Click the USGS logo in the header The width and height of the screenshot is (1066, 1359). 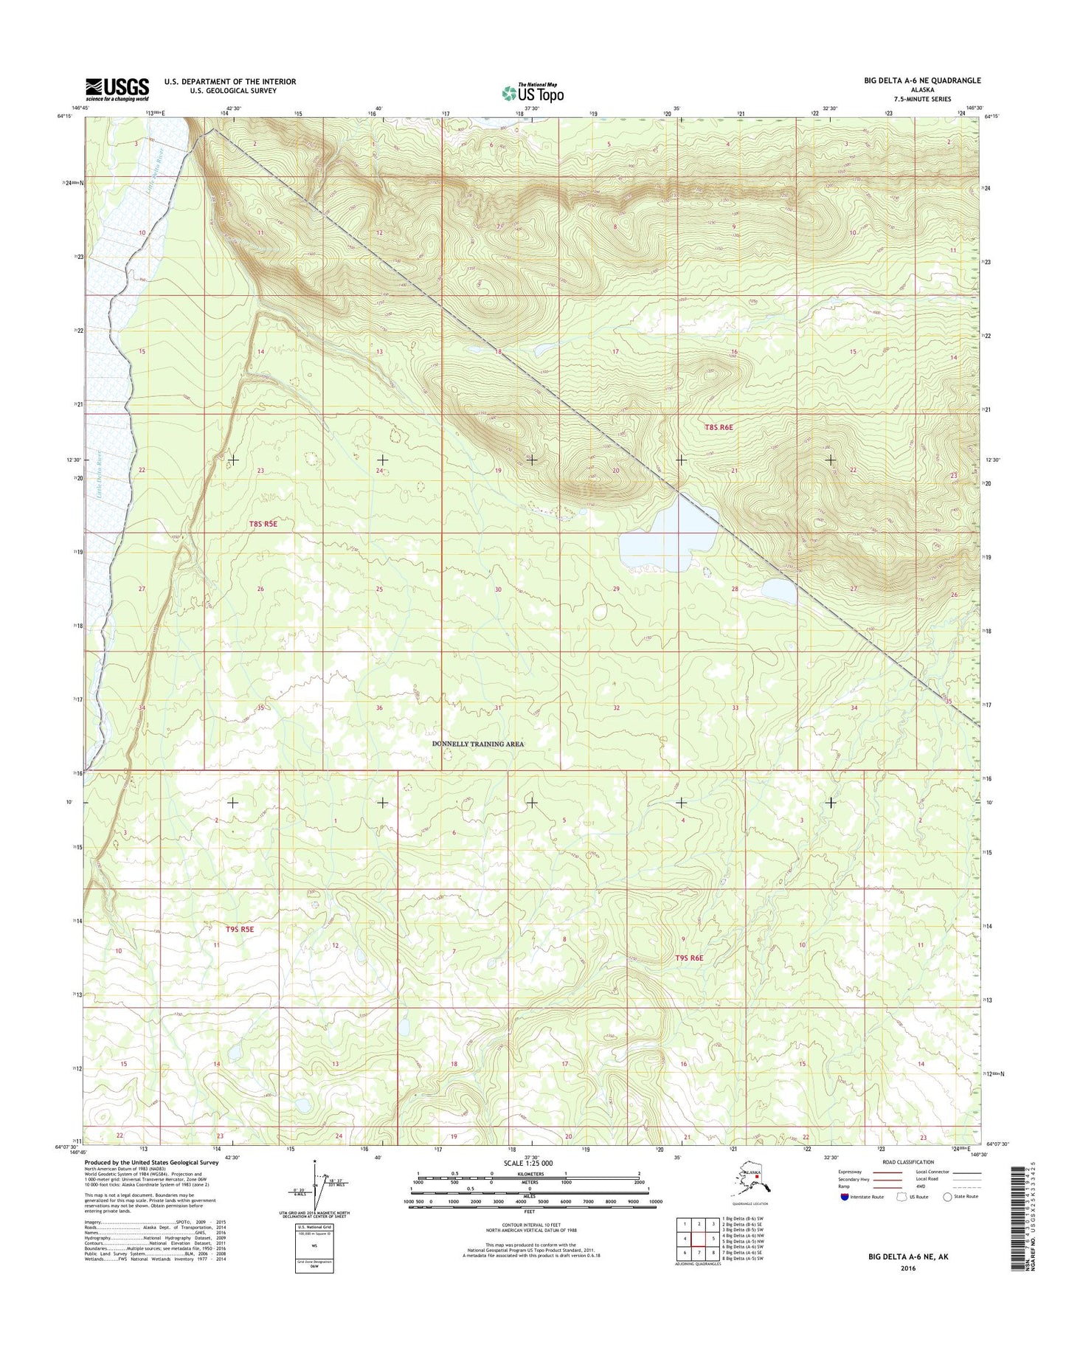[x=117, y=89]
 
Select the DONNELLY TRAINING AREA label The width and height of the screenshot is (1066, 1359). [x=477, y=744]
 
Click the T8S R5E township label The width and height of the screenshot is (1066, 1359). [x=263, y=524]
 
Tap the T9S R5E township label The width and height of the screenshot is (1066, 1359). [x=240, y=929]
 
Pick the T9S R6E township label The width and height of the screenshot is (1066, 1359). [x=690, y=958]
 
